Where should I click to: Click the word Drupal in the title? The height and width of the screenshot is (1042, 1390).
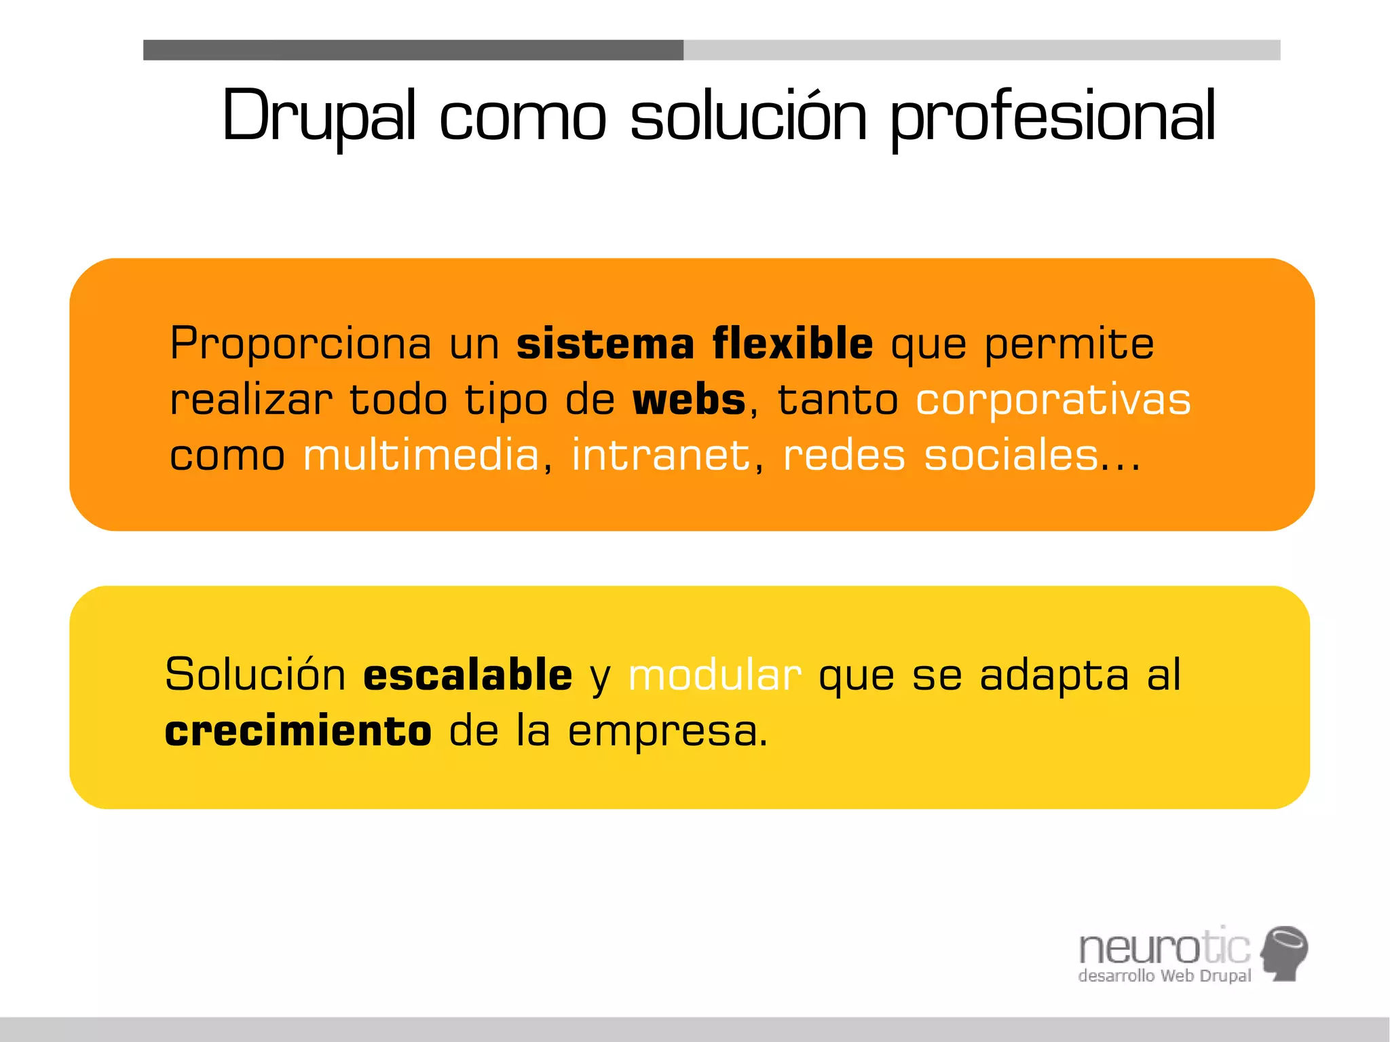(318, 117)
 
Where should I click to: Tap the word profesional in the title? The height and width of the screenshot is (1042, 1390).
(1053, 117)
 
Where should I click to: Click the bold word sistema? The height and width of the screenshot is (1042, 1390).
(605, 343)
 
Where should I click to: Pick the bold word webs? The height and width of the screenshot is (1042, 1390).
(689, 400)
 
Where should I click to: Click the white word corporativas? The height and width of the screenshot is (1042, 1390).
(1053, 401)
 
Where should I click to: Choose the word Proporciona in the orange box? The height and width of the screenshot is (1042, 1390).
(301, 343)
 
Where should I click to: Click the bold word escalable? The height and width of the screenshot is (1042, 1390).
(468, 675)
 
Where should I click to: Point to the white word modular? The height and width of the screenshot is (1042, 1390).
(715, 675)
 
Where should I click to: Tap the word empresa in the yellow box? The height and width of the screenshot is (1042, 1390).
(667, 732)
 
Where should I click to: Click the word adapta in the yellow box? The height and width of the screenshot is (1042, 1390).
(1054, 676)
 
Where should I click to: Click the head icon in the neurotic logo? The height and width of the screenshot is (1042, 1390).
(1284, 952)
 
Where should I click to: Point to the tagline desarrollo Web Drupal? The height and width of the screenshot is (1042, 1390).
(1164, 976)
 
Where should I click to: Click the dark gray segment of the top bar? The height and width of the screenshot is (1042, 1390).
(413, 50)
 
